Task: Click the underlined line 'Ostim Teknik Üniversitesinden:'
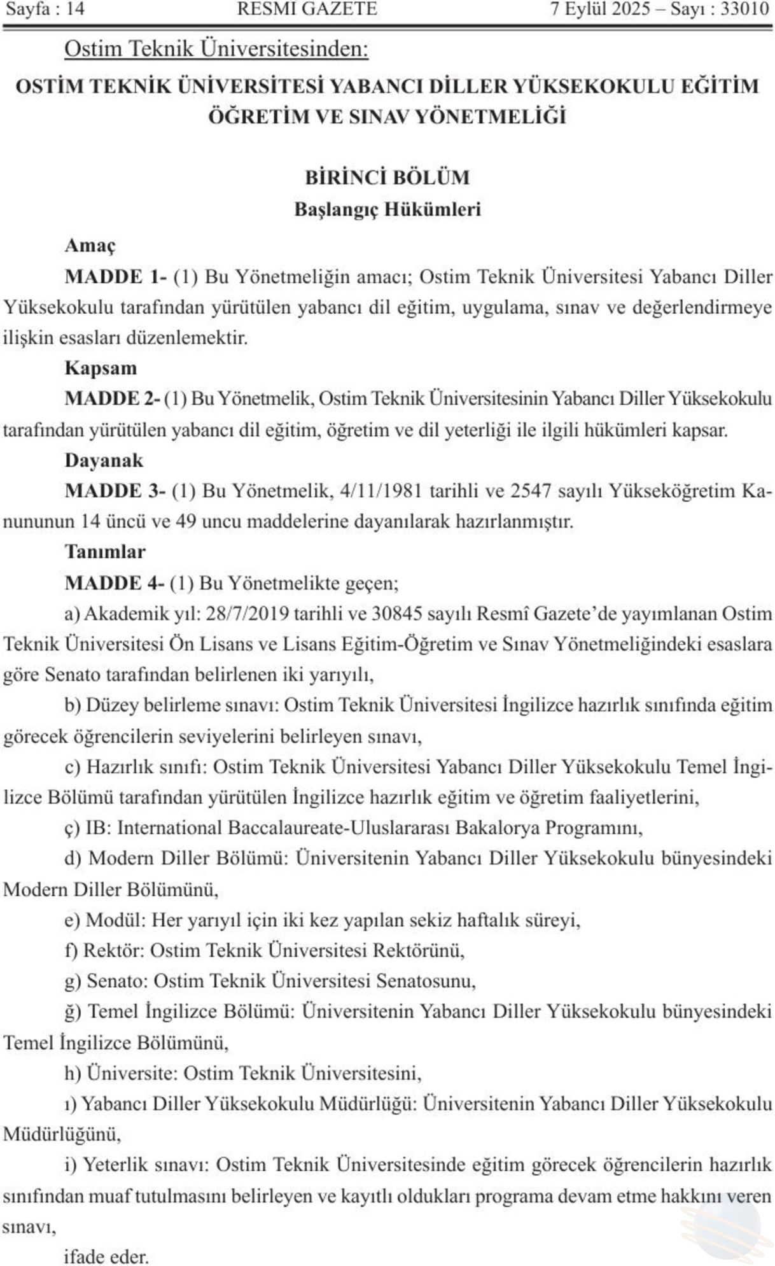click(x=216, y=49)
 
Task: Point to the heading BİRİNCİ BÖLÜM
click(x=387, y=177)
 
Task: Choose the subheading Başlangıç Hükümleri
click(x=387, y=209)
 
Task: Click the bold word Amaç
click(x=90, y=245)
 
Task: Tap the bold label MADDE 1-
click(x=115, y=276)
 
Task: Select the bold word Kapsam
click(x=101, y=368)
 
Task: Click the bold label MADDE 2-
click(x=112, y=398)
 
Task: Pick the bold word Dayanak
click(x=104, y=460)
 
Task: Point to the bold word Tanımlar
click(x=105, y=551)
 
